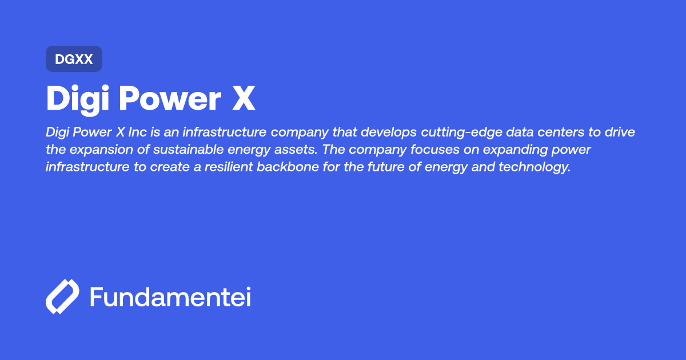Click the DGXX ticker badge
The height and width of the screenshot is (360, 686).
74,59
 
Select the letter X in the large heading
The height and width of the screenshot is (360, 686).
243,99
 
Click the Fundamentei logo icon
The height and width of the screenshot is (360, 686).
62,297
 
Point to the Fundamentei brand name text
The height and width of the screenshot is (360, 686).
170,297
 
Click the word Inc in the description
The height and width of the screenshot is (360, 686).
139,133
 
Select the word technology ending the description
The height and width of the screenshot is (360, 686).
532,168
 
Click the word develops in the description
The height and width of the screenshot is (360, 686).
391,133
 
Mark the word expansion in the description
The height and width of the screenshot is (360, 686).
95,150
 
